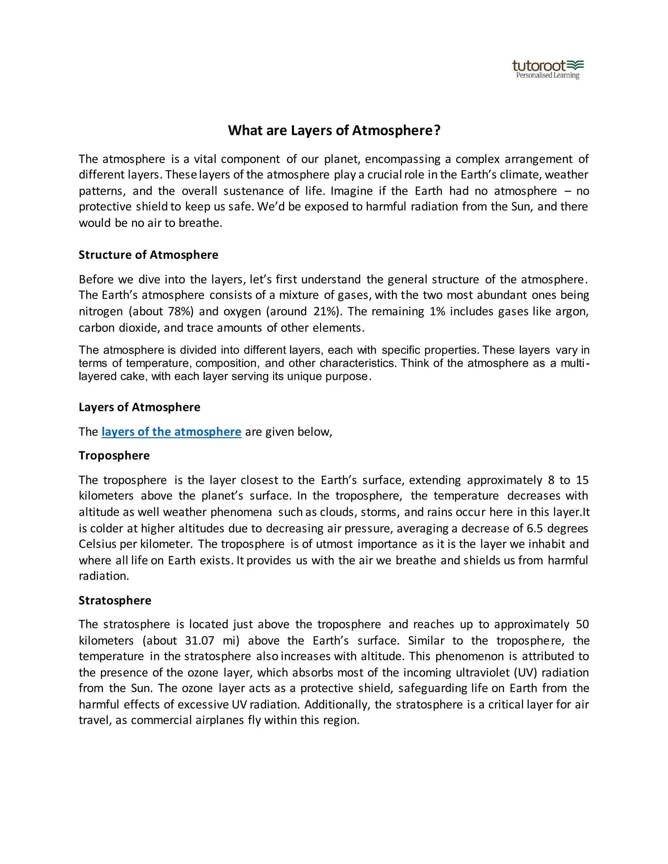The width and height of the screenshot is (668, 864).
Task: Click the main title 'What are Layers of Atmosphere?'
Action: tap(334, 130)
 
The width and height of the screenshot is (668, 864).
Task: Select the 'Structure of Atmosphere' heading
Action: tap(148, 255)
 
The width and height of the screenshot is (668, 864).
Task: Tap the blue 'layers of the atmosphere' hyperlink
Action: tap(171, 432)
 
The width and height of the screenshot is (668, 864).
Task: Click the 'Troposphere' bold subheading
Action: tap(114, 455)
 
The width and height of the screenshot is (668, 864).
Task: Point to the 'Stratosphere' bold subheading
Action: tap(115, 600)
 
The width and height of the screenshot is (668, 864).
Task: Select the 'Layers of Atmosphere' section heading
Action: tap(139, 407)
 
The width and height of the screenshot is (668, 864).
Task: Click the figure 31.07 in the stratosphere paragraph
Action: tap(200, 640)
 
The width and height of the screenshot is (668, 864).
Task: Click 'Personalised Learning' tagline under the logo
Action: tap(547, 76)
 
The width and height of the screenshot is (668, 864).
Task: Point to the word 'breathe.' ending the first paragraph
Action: tap(200, 223)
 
